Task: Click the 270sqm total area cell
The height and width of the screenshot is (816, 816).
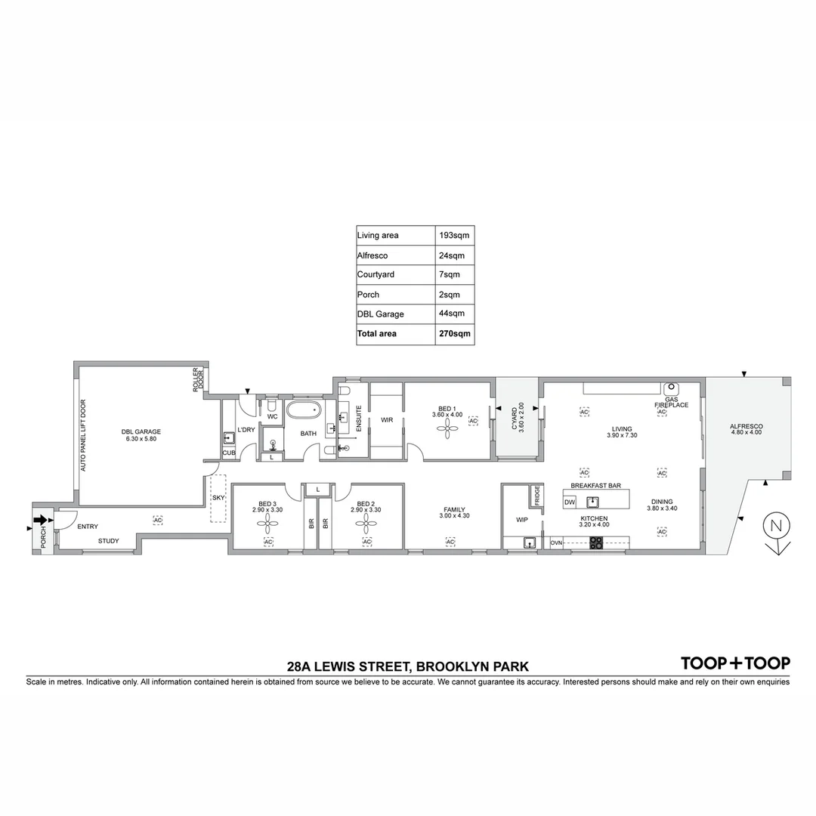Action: [x=454, y=333]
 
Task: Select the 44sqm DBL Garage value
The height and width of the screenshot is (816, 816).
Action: [x=452, y=314]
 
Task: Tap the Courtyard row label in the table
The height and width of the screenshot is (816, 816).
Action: [x=376, y=274]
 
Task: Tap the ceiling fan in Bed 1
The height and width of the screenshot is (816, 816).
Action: [x=447, y=428]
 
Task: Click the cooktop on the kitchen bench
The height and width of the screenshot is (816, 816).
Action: [x=596, y=541]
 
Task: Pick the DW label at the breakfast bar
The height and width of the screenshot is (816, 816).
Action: [x=570, y=501]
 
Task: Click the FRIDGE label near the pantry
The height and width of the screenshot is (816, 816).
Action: [x=537, y=496]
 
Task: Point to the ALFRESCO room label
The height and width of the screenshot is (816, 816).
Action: [x=746, y=427]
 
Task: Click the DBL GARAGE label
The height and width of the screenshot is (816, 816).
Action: [x=141, y=432]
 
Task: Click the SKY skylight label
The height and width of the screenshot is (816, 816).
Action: [x=218, y=498]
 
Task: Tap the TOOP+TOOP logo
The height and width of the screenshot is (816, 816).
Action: [x=735, y=663]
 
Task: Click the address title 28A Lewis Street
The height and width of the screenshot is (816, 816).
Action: [x=407, y=666]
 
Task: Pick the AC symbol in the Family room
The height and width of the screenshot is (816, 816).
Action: [x=450, y=542]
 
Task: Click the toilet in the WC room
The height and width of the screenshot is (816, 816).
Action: [x=271, y=405]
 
